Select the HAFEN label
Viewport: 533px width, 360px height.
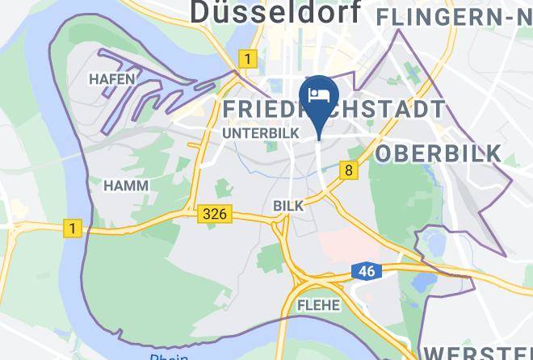112,79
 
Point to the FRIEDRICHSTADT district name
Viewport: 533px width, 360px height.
333,110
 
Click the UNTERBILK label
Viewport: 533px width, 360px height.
260,132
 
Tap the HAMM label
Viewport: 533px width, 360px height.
125,186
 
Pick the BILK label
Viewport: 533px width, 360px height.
288,206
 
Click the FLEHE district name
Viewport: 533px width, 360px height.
318,306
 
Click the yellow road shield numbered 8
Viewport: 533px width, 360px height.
349,170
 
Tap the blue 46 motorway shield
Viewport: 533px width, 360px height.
366,271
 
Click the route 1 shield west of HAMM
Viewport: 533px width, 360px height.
73,229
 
